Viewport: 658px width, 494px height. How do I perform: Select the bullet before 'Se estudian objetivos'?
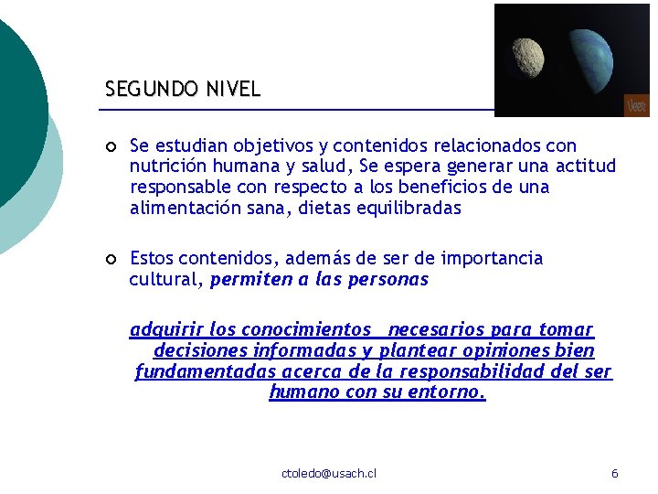111,146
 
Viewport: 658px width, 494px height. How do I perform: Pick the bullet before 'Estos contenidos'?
111,260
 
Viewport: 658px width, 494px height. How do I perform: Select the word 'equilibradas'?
409,209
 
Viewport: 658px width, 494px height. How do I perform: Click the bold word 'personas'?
387,280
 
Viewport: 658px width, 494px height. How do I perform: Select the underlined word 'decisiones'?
200,350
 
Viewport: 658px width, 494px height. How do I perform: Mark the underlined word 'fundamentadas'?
206,371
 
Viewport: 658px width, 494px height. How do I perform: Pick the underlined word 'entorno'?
452,392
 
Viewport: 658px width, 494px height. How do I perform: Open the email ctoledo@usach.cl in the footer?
329,473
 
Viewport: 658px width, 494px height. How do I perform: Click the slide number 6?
614,473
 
